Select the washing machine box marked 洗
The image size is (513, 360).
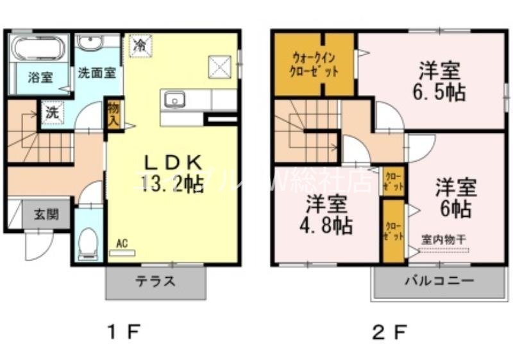point(51,112)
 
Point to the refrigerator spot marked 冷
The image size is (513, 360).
point(140,45)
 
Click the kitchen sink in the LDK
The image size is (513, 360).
point(174,100)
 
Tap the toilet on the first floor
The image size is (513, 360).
point(87,244)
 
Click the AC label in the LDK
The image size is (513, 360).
point(122,244)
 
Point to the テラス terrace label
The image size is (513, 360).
point(155,281)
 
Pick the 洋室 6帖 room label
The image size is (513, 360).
point(456,198)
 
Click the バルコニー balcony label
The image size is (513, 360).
point(439,281)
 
